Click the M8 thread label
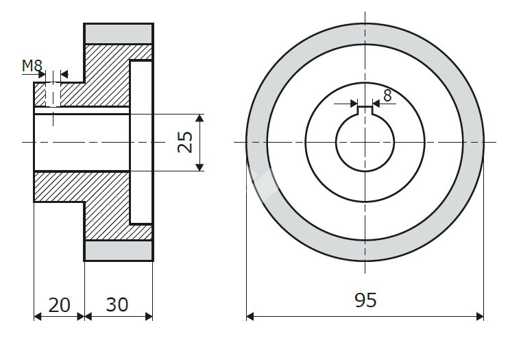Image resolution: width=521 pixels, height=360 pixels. click(32, 66)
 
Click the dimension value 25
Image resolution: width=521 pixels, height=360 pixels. click(185, 142)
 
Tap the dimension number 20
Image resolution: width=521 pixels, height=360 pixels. click(60, 305)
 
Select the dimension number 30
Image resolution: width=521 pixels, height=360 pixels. click(117, 304)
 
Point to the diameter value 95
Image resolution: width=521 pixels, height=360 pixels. click(365, 300)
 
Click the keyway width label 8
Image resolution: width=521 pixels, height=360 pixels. click(387, 96)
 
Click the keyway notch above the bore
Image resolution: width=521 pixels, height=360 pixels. click(365, 110)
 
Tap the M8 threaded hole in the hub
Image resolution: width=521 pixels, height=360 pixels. click(53, 95)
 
